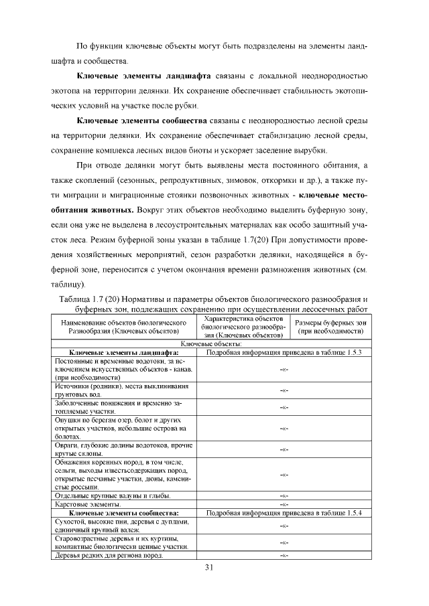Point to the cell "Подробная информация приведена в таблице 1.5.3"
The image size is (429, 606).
click(284, 351)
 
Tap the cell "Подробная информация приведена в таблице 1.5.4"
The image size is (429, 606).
click(284, 512)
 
